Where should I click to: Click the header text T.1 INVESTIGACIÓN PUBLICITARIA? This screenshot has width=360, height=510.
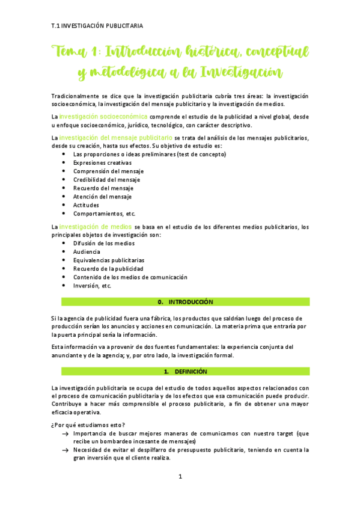97,25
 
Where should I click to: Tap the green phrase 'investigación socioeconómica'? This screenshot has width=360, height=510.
103,116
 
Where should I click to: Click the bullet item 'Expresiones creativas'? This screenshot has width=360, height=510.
102,162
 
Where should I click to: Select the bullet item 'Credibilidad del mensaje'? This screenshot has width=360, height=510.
106,179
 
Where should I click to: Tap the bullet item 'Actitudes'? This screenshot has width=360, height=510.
86,205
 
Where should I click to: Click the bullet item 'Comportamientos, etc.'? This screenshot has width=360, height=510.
104,214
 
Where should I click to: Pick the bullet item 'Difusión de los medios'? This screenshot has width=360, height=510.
103,243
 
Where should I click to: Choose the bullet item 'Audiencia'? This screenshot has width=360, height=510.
87,251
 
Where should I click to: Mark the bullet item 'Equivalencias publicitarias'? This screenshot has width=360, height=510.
108,260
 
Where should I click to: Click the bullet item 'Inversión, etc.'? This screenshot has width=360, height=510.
92,286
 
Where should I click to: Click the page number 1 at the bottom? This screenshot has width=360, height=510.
180,477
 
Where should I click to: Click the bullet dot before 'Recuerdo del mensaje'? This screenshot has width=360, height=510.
64,188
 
